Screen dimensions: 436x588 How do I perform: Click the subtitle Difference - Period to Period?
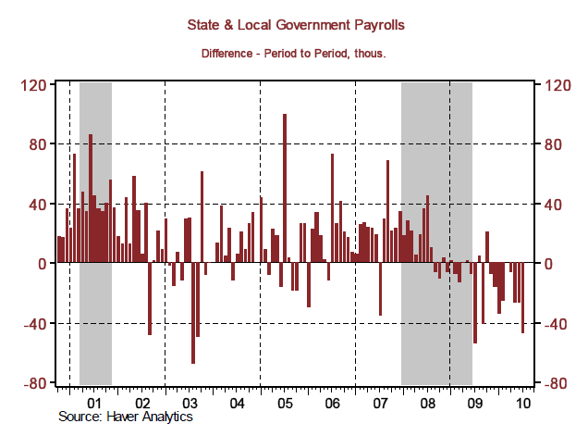click(x=293, y=54)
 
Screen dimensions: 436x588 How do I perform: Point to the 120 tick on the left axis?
click(x=33, y=85)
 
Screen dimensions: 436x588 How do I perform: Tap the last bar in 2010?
click(x=523, y=298)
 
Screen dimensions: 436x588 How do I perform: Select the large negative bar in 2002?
click(x=150, y=299)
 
